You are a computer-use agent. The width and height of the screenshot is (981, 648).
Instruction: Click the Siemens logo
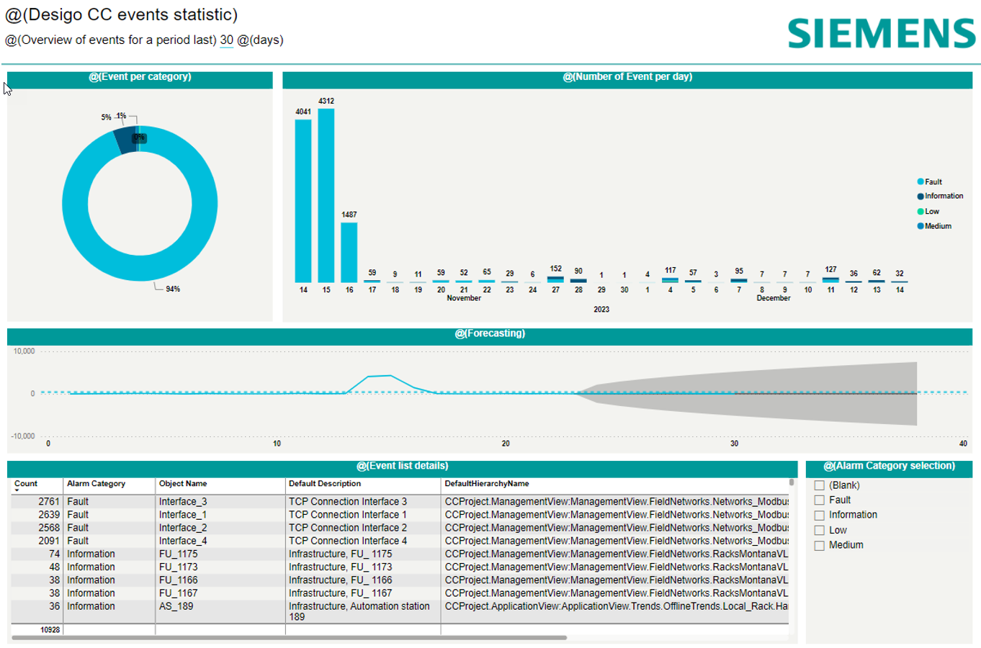click(881, 34)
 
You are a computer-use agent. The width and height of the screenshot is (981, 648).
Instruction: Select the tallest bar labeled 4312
click(326, 194)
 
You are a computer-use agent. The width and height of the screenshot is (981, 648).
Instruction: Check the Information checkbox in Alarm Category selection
click(820, 516)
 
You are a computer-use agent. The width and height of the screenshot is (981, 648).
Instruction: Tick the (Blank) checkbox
click(820, 486)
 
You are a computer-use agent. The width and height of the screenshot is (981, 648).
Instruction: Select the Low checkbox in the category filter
click(820, 531)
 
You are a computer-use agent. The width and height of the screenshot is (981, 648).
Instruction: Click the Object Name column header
click(183, 484)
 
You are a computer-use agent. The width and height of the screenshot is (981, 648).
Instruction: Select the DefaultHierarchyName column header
click(487, 484)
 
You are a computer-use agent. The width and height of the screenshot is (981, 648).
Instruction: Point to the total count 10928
click(50, 630)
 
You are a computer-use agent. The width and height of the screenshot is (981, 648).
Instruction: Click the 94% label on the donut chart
click(173, 289)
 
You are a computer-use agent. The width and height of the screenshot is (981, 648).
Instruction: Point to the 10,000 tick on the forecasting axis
click(24, 351)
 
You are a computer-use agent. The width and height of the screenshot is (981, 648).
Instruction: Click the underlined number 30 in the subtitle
click(226, 40)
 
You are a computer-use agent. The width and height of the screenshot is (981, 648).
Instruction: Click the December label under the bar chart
click(774, 298)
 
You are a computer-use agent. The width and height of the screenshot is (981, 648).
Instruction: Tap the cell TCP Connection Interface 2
click(348, 528)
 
